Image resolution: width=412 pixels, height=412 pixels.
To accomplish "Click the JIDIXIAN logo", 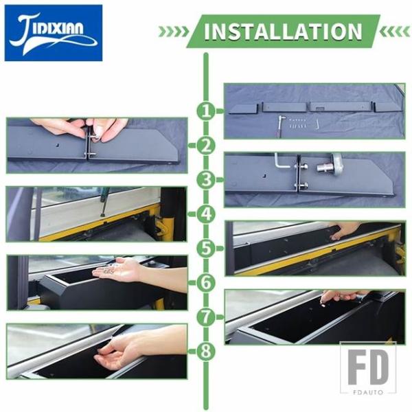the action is point(54,33).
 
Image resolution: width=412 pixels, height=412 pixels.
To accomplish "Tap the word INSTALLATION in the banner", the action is point(283,32).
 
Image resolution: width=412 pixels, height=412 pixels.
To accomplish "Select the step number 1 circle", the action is point(206,111).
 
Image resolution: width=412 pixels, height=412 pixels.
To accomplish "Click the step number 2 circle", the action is point(206,146).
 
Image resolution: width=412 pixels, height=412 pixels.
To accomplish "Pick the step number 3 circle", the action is point(206,180).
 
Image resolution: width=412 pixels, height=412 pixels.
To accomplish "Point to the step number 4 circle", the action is point(206,214).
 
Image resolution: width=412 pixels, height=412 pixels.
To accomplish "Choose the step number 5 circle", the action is point(206,249).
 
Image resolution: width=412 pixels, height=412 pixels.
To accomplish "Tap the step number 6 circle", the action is point(206,283).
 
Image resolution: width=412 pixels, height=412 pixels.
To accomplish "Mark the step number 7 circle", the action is point(206,317).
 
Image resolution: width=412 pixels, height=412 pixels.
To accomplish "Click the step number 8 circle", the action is point(206,352).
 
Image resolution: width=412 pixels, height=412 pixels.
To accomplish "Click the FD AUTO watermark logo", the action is point(368,368).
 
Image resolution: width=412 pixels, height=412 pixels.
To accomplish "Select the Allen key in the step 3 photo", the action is point(281,162).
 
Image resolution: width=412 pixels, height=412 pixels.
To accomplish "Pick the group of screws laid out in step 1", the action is point(297,123).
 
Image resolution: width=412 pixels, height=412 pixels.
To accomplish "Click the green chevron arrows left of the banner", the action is point(174,32).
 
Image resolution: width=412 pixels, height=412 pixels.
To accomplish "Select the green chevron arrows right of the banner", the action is point(395,32).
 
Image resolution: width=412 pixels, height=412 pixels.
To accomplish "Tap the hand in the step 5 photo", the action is point(344,229).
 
